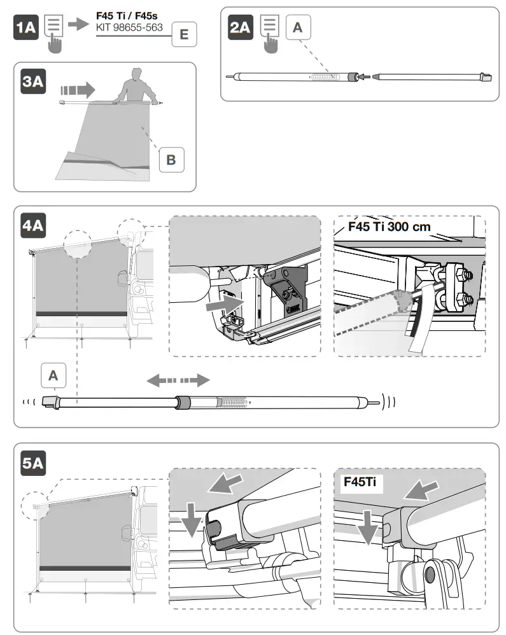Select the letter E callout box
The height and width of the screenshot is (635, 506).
click(184, 34)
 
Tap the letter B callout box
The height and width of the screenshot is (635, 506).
click(171, 159)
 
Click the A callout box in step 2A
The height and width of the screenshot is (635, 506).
click(299, 28)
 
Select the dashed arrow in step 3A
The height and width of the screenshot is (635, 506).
click(77, 87)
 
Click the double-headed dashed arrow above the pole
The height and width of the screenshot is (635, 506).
click(178, 380)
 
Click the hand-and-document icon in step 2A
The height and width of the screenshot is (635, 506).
click(271, 32)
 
